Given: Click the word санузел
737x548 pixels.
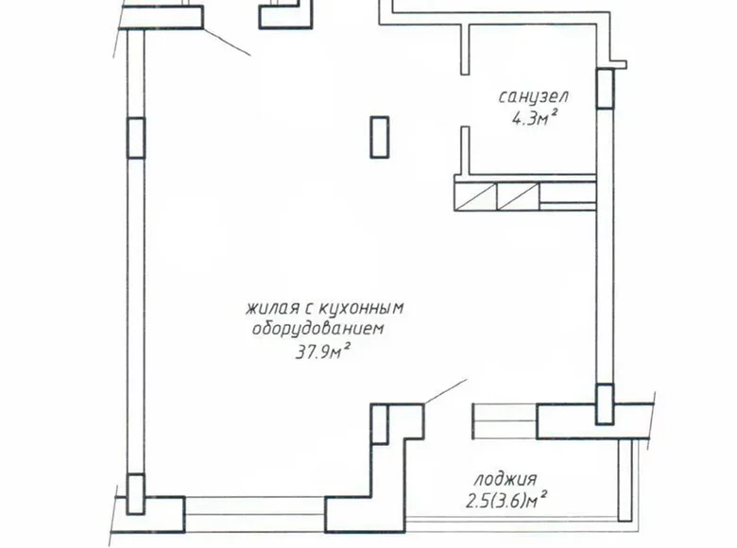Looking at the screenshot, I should click(534, 96).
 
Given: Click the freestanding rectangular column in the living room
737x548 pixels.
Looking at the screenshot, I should click(380, 136).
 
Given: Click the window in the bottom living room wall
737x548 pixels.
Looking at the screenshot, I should click(255, 516).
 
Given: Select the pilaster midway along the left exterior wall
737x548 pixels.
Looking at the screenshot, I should click(136, 137).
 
